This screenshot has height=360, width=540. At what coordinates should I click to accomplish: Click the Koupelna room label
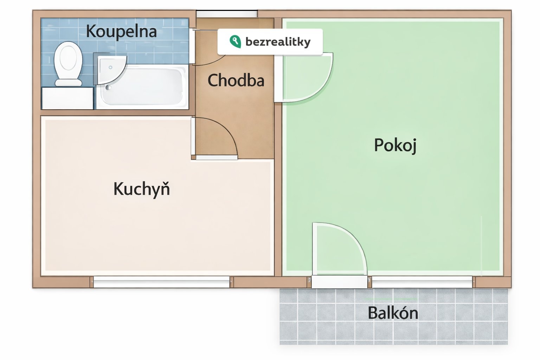(x=121, y=32)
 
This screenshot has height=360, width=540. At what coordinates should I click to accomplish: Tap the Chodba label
(x=236, y=80)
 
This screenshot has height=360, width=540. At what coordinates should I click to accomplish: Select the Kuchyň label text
(x=142, y=189)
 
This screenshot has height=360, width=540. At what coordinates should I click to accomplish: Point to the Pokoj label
(x=396, y=145)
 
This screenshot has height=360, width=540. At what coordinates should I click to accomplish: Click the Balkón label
(x=393, y=313)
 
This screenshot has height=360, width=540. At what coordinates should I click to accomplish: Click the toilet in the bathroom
(x=68, y=64)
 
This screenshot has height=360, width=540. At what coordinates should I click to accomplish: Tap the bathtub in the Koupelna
(x=142, y=86)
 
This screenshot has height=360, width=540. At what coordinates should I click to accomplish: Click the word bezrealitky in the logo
(x=278, y=42)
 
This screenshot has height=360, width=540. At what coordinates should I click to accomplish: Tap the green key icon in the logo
(x=235, y=41)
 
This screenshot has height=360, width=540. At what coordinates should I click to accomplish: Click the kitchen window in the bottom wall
(x=161, y=282)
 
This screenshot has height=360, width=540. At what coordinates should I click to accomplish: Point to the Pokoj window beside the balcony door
(x=422, y=282)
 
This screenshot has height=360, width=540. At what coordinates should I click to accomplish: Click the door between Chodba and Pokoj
(x=304, y=77)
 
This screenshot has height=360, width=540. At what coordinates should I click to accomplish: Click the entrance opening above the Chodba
(x=227, y=14)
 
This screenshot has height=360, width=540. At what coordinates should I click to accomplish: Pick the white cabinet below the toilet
(x=67, y=98)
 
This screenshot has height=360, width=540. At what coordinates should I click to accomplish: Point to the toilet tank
(x=69, y=83)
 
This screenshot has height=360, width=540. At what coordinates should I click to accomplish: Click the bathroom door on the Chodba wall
(x=192, y=46)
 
